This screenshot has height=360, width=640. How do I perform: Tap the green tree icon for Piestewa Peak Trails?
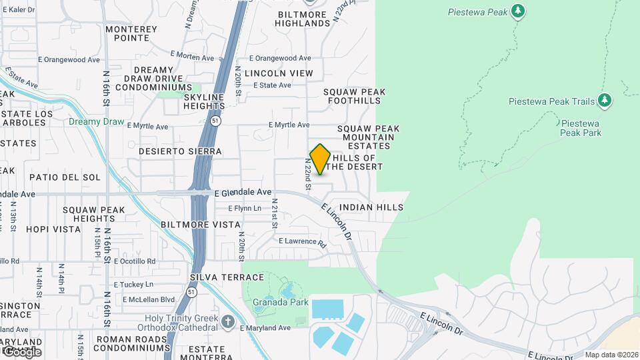pos(605,101)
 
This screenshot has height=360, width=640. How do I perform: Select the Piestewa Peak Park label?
pos(581,128)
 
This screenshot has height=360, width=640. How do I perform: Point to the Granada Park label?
pos(280,302)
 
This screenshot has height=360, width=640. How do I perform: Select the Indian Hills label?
pos(371,207)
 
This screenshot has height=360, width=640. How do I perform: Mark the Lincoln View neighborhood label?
pos(279,73)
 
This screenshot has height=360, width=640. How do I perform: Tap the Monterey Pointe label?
pos(131,33)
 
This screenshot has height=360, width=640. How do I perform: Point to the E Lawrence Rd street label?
pos(302,241)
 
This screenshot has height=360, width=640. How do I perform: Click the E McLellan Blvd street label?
pos(149,299)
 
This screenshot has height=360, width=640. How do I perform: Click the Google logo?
pos(21,351)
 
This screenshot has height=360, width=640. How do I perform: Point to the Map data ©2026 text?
pos(611,355)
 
